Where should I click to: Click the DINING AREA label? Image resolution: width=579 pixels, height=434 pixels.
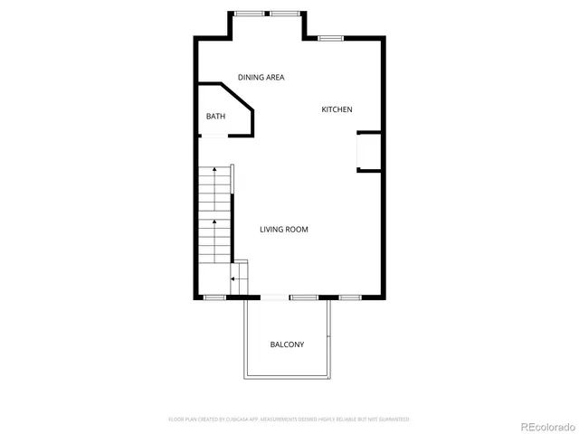click(261, 78)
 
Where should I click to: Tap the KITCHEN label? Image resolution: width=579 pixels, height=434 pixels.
click(337, 109)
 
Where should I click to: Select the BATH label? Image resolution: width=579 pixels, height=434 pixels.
click(215, 116)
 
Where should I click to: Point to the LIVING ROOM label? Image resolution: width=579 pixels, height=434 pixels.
click(284, 230)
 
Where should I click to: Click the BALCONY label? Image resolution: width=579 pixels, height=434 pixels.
click(287, 344)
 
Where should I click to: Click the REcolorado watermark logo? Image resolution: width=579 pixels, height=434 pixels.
click(540, 425)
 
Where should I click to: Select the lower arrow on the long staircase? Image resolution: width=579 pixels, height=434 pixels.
click(214, 221)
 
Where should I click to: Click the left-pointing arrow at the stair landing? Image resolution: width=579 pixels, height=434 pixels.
click(233, 279)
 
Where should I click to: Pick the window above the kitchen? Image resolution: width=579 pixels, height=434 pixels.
click(330, 37)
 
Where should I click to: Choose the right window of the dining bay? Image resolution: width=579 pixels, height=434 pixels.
click(284, 14)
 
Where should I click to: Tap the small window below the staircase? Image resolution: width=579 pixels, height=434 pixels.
click(214, 297)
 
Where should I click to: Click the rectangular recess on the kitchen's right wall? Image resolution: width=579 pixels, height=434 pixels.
click(369, 151)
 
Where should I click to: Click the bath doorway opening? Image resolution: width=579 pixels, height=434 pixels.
click(214, 136)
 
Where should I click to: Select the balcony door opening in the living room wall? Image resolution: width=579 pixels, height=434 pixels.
click(275, 297)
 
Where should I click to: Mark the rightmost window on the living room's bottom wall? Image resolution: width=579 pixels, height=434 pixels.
click(349, 297)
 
